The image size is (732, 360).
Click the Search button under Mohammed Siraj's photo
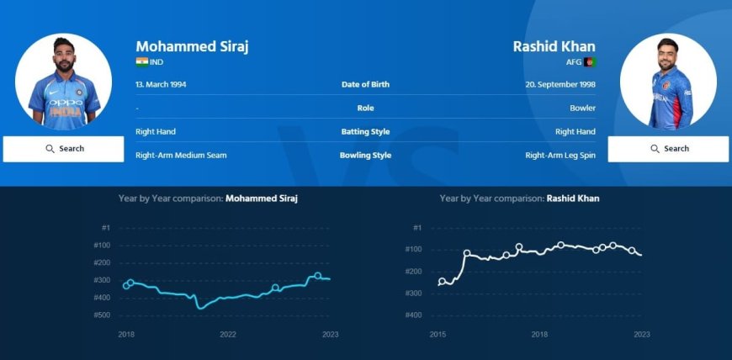(x=64, y=149)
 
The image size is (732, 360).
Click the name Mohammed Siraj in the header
(x=192, y=46)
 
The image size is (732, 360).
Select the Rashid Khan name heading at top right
(x=554, y=46)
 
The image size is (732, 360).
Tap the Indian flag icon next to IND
(x=141, y=62)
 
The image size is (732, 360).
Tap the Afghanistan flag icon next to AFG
(x=590, y=62)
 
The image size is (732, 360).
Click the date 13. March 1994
(x=163, y=85)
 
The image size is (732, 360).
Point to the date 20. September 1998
(x=560, y=85)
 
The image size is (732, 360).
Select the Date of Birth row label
(x=365, y=85)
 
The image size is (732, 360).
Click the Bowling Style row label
(x=365, y=156)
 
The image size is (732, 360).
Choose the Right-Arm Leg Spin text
(x=560, y=156)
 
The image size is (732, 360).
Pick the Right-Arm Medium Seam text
(x=181, y=156)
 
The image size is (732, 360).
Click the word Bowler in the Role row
(x=582, y=109)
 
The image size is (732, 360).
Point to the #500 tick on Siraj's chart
(x=101, y=315)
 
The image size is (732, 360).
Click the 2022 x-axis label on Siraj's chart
(x=228, y=334)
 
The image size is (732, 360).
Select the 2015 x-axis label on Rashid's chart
(x=438, y=334)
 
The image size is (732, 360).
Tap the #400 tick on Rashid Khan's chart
(x=413, y=315)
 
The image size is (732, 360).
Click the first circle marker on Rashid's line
(x=443, y=282)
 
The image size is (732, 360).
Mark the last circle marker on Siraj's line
(x=317, y=276)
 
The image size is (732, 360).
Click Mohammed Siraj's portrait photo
(x=64, y=82)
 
